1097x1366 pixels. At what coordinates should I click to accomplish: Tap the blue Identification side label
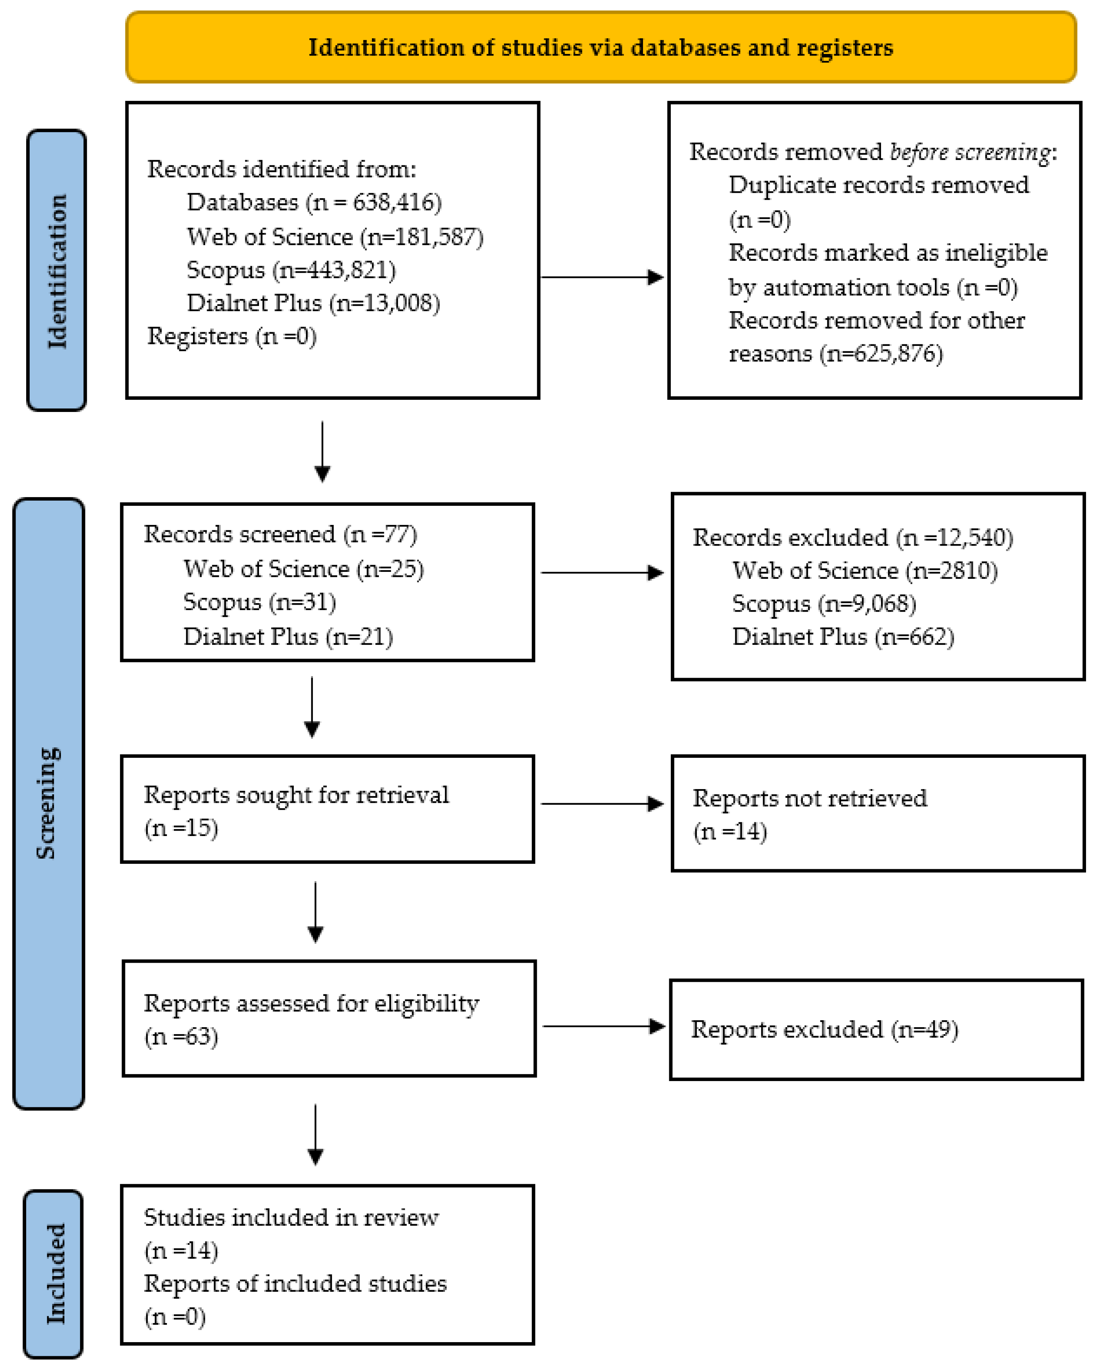click(56, 270)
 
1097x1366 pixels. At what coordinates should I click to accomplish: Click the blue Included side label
click(54, 1273)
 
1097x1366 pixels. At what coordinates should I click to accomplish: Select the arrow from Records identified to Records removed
click(602, 277)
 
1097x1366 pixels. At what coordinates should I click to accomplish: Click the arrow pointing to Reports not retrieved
click(602, 804)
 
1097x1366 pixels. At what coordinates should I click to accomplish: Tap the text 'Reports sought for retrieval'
click(296, 795)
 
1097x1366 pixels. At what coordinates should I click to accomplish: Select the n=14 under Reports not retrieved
click(730, 831)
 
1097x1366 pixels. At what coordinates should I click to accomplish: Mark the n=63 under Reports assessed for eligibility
click(182, 1037)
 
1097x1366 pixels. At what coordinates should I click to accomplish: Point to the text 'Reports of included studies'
click(295, 1283)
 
